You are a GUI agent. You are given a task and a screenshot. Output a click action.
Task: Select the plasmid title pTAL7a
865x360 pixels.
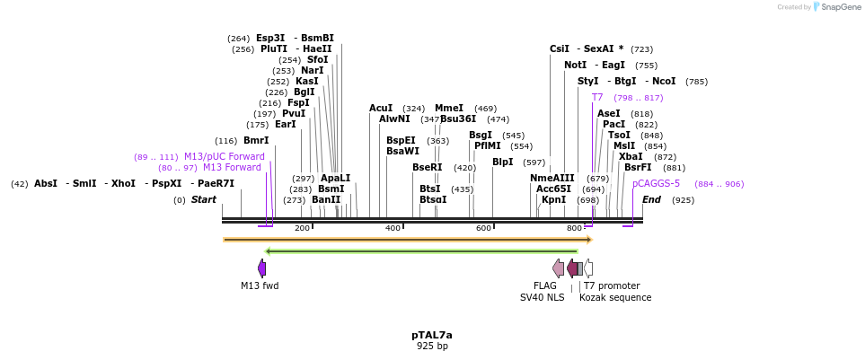432,335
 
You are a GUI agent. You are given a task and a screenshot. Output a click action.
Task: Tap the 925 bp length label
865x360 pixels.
432,346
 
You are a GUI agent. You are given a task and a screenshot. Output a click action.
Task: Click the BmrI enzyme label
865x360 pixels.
256,141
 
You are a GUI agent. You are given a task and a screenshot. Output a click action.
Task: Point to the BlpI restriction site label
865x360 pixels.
503,162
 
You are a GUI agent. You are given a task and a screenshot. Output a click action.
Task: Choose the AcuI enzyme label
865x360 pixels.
381,108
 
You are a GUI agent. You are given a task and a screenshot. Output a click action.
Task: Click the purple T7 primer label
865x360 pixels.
597,97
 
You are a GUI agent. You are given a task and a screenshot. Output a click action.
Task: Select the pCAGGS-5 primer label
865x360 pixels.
657,184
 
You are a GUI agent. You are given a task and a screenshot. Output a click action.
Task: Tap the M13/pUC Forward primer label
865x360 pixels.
225,157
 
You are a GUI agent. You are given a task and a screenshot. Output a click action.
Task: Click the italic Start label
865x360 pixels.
204,199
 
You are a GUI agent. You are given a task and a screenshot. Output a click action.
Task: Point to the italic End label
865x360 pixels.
651,199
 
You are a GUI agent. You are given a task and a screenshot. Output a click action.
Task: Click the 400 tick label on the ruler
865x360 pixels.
393,229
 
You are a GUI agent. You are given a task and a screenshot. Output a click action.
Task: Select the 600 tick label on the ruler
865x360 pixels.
483,229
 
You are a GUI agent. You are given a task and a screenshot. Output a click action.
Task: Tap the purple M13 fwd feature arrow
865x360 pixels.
261,268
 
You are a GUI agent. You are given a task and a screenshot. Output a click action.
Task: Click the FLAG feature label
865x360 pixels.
545,285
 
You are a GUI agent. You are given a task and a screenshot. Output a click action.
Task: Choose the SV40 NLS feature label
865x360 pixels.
543,297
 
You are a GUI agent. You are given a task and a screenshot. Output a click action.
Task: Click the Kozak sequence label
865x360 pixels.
615,297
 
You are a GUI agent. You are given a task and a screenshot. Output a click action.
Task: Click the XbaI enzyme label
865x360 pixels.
631,156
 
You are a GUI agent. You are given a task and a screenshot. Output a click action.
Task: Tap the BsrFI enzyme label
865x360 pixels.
638,167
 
